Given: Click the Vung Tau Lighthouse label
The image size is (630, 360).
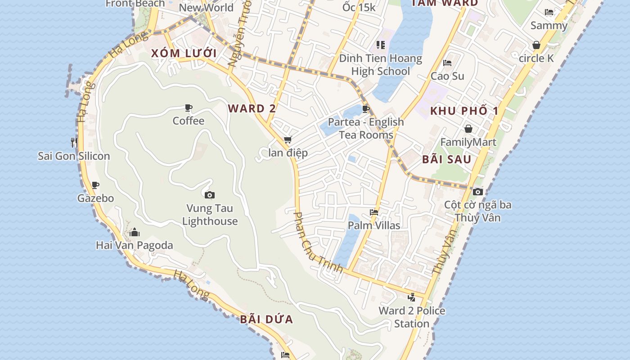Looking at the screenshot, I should (210, 215).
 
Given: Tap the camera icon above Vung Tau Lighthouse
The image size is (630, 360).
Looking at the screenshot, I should (209, 195).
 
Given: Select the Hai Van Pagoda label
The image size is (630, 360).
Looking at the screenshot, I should (135, 245).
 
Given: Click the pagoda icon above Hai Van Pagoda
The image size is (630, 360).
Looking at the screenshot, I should (135, 233).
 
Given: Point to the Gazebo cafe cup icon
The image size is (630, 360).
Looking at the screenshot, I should (95, 185).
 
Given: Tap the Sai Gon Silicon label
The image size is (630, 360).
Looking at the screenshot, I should (74, 156).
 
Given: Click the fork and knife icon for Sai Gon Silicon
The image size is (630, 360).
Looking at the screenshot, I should (74, 143).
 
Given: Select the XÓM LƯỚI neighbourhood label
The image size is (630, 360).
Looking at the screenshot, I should (184, 53).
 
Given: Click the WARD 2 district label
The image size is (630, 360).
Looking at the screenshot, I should (252, 108).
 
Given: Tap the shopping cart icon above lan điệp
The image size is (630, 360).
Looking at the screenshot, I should (288, 140).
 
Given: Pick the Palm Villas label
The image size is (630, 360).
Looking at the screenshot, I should (374, 225).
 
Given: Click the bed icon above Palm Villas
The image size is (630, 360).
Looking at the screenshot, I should (374, 212).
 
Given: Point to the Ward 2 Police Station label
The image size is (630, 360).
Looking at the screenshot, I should (412, 317).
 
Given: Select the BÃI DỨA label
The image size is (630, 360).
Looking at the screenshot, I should (266, 319).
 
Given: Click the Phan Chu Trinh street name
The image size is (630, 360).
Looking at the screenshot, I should (318, 243).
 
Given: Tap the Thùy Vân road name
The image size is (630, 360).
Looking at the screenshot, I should (444, 252).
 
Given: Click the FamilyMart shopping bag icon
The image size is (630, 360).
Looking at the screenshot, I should (468, 129).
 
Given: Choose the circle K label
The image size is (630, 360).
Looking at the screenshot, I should (536, 58).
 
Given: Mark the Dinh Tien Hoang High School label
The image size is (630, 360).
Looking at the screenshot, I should (381, 64).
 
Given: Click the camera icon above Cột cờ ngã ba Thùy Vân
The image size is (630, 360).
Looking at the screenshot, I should (478, 192).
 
